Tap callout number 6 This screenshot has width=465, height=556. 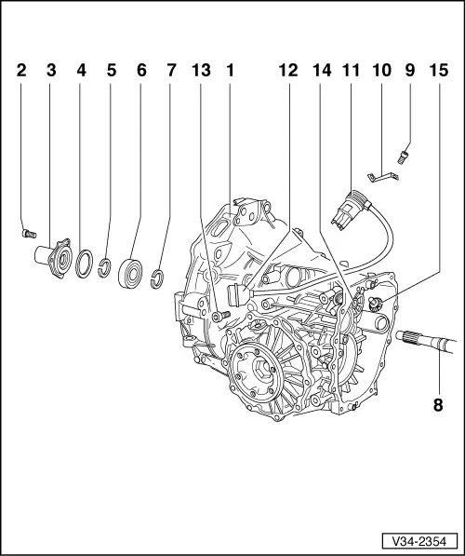pyautogui.click(x=141, y=70)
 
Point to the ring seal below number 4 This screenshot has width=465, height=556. pyautogui.click(x=85, y=263)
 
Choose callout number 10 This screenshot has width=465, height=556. pyautogui.click(x=379, y=70)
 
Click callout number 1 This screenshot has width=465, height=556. pyautogui.click(x=229, y=70)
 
